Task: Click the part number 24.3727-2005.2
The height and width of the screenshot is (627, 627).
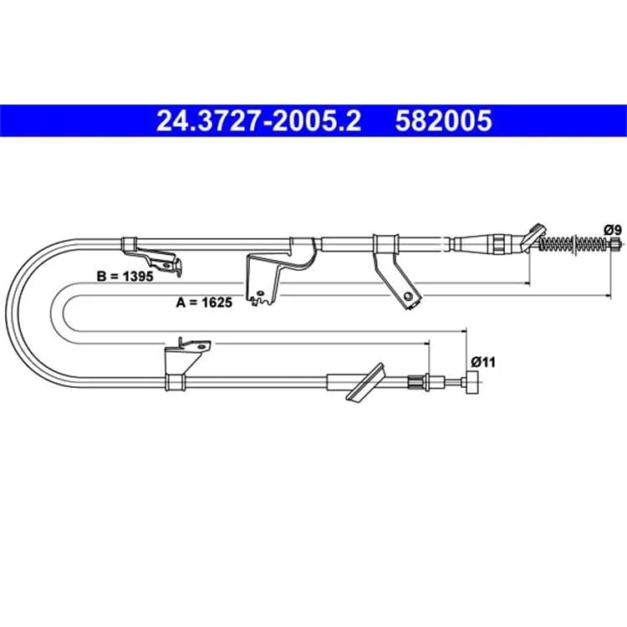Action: [258, 120]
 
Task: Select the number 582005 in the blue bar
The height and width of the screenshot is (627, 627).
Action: [443, 120]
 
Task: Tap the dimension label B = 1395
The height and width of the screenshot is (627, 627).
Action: [125, 276]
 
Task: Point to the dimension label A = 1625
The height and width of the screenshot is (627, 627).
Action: [204, 303]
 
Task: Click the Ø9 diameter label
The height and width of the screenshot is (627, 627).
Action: [613, 230]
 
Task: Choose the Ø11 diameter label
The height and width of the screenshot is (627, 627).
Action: [483, 362]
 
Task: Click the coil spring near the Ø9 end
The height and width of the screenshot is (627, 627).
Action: [575, 242]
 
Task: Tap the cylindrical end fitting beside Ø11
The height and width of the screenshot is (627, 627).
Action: [472, 383]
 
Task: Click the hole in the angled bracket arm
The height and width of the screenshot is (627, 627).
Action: [408, 296]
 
